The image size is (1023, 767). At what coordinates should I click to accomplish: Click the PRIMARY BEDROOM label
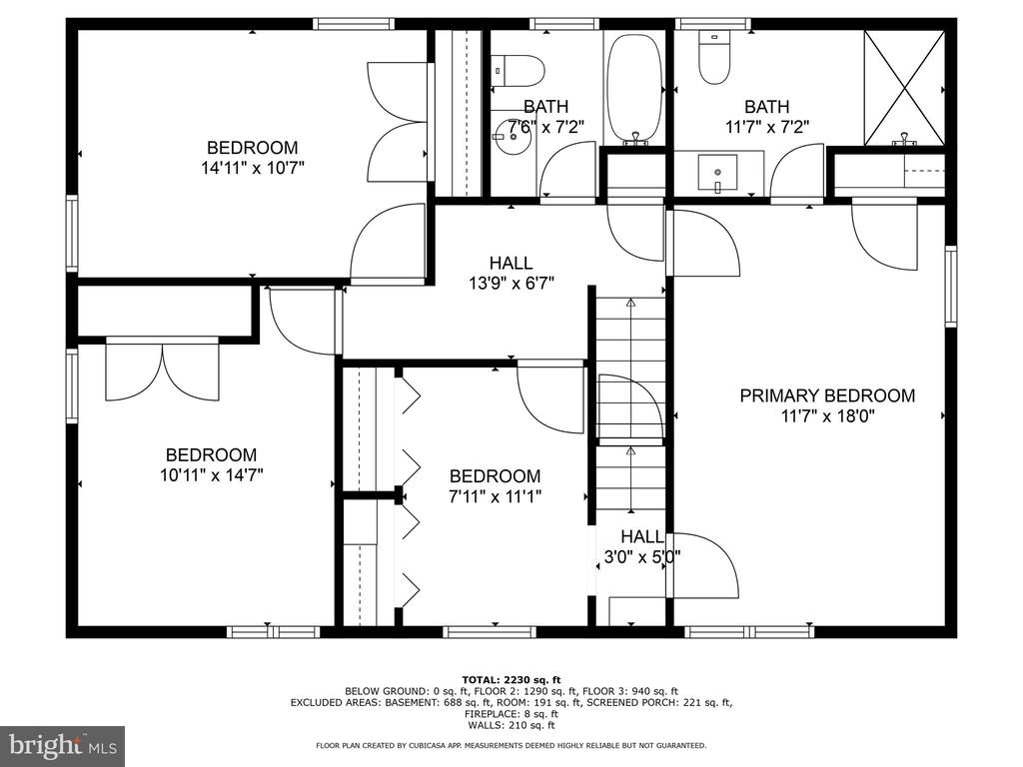point(826,395)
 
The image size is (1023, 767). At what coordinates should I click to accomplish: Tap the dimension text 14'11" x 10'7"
point(253,168)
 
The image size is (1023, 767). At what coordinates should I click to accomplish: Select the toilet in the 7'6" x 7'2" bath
point(518,71)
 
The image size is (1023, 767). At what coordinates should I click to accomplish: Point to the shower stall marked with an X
point(903,87)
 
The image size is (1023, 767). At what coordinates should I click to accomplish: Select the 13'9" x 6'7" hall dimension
point(511,284)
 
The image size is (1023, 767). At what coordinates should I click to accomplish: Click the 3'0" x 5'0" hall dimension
point(642,557)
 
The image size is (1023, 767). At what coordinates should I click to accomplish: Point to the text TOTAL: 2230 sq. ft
point(511,680)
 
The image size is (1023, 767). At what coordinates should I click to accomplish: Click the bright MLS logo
point(63,745)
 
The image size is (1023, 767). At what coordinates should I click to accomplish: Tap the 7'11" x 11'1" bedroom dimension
point(496,497)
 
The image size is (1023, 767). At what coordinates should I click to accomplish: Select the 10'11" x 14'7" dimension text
point(212,475)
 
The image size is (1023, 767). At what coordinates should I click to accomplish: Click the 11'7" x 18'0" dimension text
point(827,416)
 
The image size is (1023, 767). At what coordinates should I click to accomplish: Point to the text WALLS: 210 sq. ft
point(511,725)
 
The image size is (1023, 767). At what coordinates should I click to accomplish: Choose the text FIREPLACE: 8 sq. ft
point(511,714)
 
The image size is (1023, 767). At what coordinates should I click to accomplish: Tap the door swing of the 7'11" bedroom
point(550,397)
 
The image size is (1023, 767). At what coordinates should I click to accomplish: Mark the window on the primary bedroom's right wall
point(951,286)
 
